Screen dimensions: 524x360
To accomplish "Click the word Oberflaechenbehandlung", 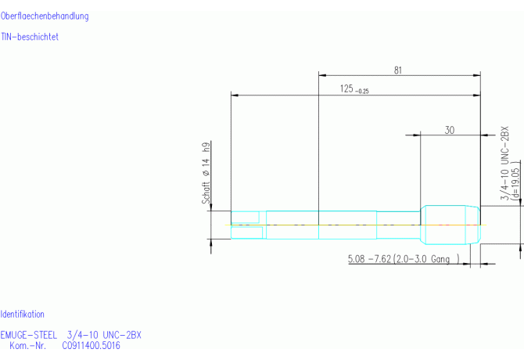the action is point(45,16).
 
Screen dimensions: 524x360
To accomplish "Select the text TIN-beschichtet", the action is point(30,37).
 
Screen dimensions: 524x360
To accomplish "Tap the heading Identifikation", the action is point(22,314).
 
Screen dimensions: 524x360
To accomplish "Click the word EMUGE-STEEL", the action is point(28,335).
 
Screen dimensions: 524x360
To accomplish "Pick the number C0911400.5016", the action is point(91,345).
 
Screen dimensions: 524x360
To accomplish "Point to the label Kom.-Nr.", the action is point(27,345).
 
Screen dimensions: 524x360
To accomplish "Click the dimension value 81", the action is point(397,70).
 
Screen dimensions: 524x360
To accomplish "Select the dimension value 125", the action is point(346,88).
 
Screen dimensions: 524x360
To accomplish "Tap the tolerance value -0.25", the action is point(361,92).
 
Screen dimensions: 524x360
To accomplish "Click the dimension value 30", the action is point(450,130).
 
